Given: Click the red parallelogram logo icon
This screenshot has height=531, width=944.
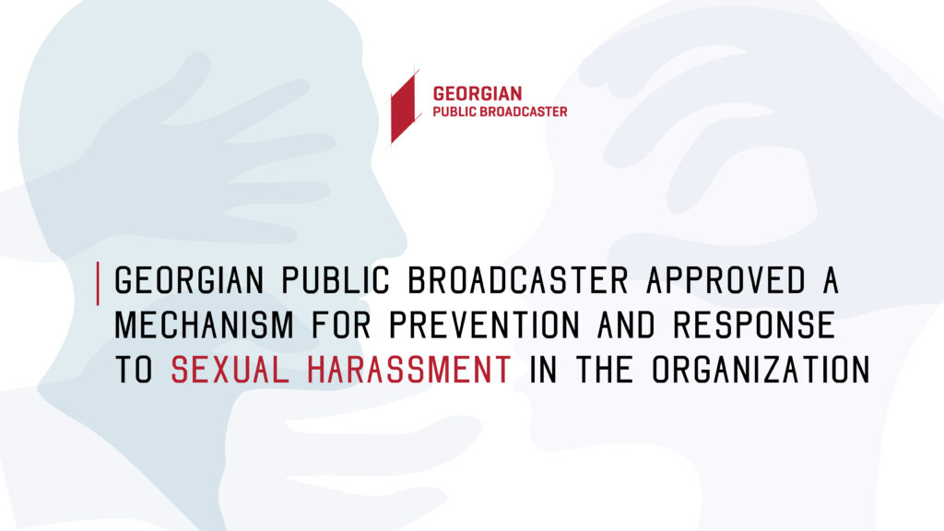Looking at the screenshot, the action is click(x=404, y=107).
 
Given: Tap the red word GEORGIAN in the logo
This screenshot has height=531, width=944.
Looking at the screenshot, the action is click(x=478, y=94).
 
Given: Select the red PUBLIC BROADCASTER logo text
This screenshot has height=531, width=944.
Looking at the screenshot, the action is click(x=500, y=112).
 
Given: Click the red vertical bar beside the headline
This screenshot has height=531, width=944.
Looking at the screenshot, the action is click(x=98, y=284).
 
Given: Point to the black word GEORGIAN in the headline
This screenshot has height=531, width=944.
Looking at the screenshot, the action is click(x=189, y=280).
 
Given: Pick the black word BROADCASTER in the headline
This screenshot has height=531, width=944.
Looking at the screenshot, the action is click(x=518, y=280).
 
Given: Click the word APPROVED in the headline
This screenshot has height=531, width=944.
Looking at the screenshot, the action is click(x=726, y=280).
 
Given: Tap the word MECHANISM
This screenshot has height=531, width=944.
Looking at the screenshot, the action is click(x=204, y=325).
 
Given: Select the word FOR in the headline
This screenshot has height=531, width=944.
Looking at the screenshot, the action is click(x=341, y=325).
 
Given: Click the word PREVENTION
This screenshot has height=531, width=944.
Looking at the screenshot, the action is click(x=484, y=325).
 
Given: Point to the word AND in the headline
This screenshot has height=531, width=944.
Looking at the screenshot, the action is click(x=626, y=325).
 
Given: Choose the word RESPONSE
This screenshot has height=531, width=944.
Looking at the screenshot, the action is click(x=754, y=325).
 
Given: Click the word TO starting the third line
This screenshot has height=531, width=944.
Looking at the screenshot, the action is click(x=134, y=370).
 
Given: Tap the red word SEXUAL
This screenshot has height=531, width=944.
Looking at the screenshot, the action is click(x=230, y=370).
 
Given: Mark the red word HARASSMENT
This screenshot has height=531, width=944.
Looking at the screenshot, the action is click(x=409, y=370).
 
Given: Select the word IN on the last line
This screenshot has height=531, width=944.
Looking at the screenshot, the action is click(x=543, y=370).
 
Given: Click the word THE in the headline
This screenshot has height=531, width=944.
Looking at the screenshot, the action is click(x=605, y=370).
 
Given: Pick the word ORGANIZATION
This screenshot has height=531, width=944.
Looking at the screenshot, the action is click(x=761, y=370).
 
